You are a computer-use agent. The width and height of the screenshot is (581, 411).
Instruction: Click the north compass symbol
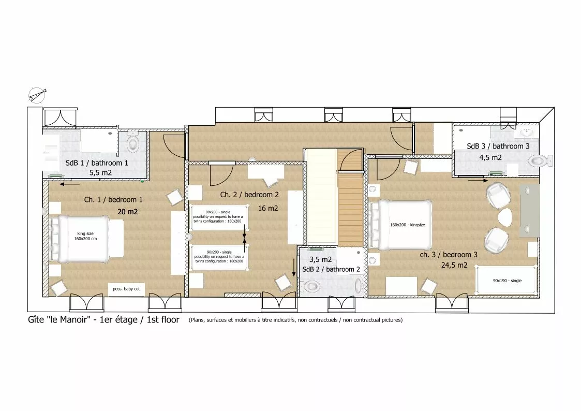tap(37, 95)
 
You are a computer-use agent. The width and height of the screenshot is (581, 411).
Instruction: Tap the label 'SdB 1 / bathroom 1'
tap(97, 163)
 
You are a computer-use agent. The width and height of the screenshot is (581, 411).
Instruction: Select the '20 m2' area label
tap(127, 212)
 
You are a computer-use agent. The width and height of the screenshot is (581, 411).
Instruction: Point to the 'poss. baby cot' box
tap(126, 289)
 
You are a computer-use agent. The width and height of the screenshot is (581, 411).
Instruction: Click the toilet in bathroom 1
tap(132, 142)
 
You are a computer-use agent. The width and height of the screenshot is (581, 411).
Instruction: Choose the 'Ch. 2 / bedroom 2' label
tap(249, 195)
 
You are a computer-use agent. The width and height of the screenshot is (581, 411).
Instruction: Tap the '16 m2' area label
tap(268, 208)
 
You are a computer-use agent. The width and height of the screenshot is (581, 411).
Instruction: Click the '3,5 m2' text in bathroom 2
tap(321, 259)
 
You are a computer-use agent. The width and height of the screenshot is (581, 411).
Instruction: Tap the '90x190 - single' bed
tap(506, 281)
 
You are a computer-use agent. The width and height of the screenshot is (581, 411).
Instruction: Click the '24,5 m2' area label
tap(454, 265)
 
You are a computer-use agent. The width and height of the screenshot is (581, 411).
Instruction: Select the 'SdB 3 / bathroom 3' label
tap(498, 146)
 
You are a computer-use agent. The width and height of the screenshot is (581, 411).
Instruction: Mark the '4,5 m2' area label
tap(490, 157)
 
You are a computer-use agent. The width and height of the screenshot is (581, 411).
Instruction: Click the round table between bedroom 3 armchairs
tap(505, 217)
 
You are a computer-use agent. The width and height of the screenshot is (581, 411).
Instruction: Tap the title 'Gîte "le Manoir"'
tap(59, 319)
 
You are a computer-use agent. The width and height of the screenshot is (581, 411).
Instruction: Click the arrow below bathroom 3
tap(478, 181)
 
